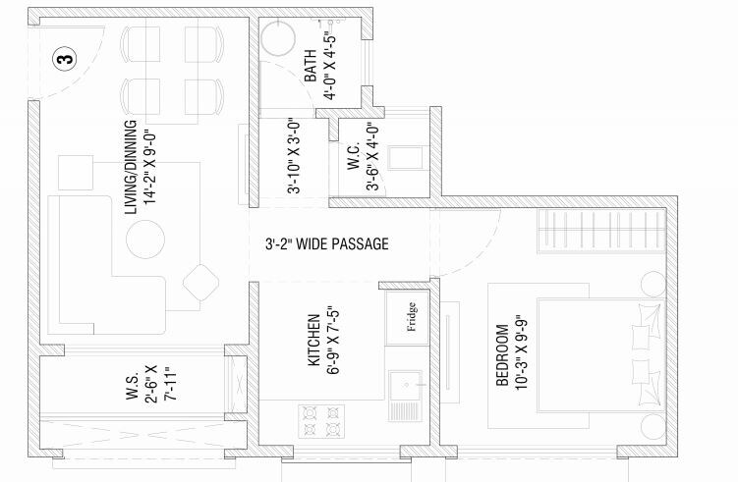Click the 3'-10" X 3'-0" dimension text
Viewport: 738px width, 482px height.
click(x=294, y=157)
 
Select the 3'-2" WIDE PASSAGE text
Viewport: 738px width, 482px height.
click(x=326, y=243)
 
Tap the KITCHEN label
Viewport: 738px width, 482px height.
click(x=313, y=341)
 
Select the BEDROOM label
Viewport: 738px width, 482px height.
click(x=502, y=355)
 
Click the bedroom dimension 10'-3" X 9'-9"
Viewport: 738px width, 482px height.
click(x=522, y=355)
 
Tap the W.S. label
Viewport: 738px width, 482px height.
click(x=131, y=388)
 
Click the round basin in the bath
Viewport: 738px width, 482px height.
click(x=279, y=40)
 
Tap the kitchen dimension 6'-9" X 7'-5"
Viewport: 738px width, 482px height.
click(x=334, y=341)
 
